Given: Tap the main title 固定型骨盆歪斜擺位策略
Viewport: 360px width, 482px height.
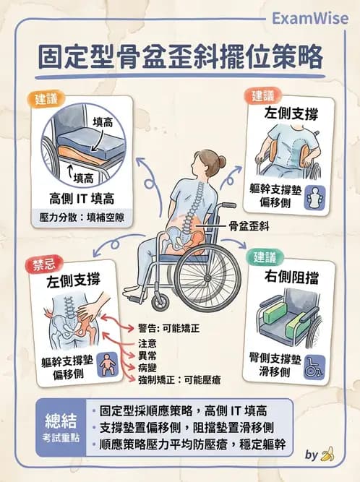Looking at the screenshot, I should pyautogui.click(x=179, y=58).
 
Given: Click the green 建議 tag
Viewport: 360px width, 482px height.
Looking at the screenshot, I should pyautogui.click(x=264, y=256).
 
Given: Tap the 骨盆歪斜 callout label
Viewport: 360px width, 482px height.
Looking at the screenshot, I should pyautogui.click(x=248, y=225).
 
